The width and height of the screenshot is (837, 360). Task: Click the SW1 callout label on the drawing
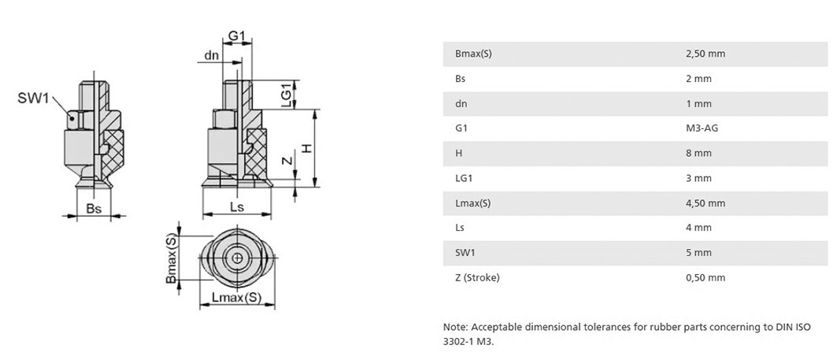33,98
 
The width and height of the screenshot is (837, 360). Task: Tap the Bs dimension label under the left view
94,209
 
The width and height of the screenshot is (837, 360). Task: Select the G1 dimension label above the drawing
236,35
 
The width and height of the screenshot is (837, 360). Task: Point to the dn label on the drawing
212,56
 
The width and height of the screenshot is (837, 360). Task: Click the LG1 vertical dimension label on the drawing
287,95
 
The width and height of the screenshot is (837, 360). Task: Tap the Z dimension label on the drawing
287,160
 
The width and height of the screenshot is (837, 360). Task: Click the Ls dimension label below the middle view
236,206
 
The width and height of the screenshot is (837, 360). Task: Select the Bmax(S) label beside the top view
171,258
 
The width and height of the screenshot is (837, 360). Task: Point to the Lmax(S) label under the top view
236,298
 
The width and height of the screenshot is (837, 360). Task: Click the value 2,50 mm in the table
706,54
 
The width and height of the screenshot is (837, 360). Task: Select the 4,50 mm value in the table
706,203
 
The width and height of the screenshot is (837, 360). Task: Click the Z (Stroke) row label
477,278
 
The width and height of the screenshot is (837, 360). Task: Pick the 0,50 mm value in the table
706,278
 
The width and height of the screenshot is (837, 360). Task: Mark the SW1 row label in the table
464,253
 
